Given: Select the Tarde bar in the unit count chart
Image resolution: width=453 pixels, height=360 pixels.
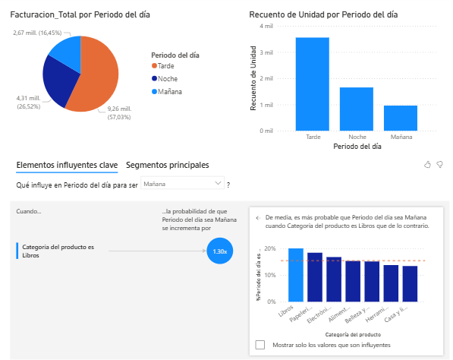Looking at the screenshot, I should pyautogui.click(x=312, y=84).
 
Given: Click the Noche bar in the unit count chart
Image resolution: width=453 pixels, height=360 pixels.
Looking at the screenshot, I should pyautogui.click(x=356, y=109).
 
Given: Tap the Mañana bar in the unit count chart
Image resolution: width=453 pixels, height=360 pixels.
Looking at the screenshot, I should pyautogui.click(x=400, y=118).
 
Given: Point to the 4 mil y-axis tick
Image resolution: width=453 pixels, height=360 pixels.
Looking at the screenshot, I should pyautogui.click(x=266, y=26).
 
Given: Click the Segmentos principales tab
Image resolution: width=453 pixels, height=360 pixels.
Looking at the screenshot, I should pyautogui.click(x=167, y=165).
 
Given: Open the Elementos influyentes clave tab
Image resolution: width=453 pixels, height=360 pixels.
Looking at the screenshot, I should pyautogui.click(x=67, y=165).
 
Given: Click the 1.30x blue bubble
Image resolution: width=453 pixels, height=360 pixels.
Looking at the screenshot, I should pyautogui.click(x=219, y=251).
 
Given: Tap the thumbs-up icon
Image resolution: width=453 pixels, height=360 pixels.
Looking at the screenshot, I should pyautogui.click(x=427, y=164).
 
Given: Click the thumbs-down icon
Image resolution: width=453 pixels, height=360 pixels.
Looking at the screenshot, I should pyautogui.click(x=440, y=164).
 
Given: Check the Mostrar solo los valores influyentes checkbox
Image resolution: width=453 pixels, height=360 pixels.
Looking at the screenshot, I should pyautogui.click(x=260, y=344).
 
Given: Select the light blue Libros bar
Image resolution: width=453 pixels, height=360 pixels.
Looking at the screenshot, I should pyautogui.click(x=295, y=274).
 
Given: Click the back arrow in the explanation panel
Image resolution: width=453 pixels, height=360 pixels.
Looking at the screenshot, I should pyautogui.click(x=257, y=216).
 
